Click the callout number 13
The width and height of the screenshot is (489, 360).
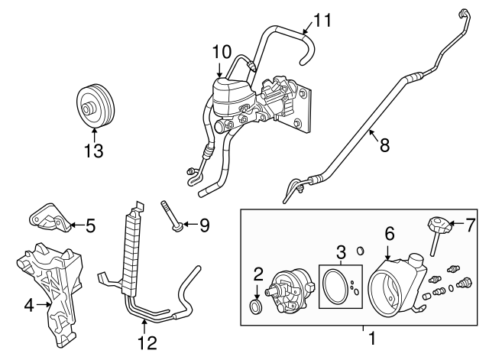click(x=94, y=151)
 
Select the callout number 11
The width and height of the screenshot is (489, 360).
click(x=323, y=19)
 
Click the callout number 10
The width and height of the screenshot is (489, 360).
click(x=221, y=52)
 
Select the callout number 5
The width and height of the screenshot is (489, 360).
click(x=90, y=225)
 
